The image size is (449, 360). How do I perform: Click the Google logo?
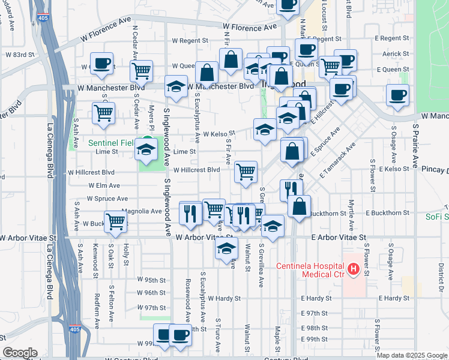19,353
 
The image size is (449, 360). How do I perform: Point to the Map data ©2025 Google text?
412,355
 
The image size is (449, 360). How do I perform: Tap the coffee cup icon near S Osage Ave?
397,95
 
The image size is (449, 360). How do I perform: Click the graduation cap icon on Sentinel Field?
146,149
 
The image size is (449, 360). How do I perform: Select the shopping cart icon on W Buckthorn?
115,220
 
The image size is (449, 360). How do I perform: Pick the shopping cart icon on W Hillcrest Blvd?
246,172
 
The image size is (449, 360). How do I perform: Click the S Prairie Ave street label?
415,147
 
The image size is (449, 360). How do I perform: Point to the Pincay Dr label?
435,170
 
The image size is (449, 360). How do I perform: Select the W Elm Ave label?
104,186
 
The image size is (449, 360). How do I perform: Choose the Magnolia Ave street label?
142,211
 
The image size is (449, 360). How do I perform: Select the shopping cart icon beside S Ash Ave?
103,112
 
